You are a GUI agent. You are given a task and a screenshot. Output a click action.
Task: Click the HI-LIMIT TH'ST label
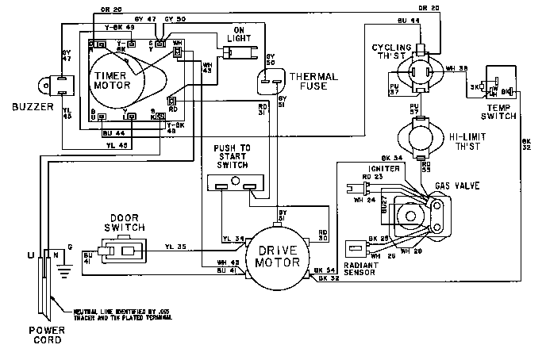pos(470,140)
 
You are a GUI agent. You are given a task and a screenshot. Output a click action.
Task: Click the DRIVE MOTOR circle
pos(271,256)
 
